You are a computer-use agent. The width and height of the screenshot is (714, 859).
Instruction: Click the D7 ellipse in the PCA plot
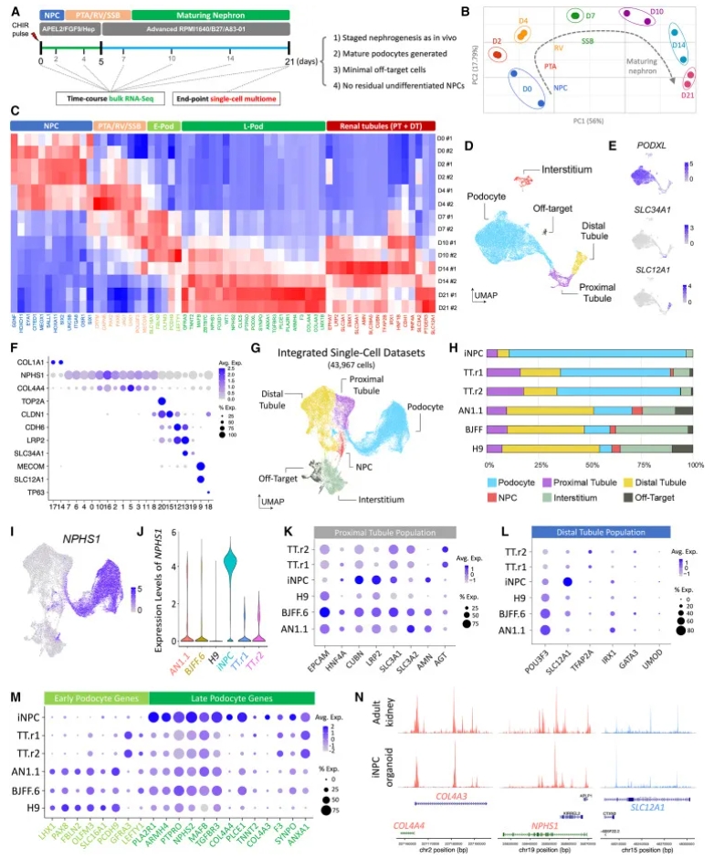576,16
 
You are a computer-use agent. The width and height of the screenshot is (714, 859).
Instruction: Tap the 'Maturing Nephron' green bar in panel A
210,15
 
